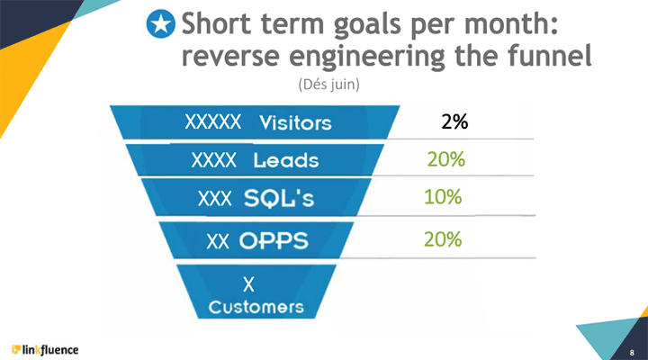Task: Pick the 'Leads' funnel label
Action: click(x=285, y=161)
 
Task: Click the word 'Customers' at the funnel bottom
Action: click(x=256, y=306)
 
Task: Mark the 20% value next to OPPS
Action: click(x=442, y=239)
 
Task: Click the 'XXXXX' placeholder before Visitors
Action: click(x=212, y=121)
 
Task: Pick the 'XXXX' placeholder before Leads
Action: click(x=215, y=160)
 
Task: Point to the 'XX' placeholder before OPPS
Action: click(x=217, y=241)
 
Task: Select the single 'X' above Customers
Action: click(x=250, y=285)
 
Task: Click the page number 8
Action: click(x=633, y=350)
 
